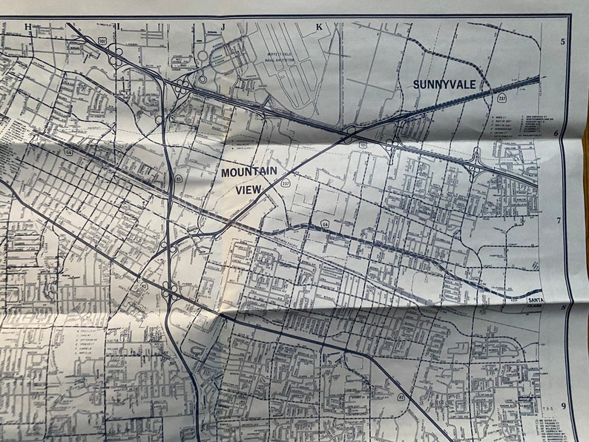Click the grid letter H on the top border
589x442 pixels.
28,27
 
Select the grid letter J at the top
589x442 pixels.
222,27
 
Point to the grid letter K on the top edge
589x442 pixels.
319,27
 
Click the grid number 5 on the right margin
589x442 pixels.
563,42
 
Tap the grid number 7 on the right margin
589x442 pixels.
563,220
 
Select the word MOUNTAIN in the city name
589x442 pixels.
249,171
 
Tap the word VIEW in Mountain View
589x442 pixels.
248,189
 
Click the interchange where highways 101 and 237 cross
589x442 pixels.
349,136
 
